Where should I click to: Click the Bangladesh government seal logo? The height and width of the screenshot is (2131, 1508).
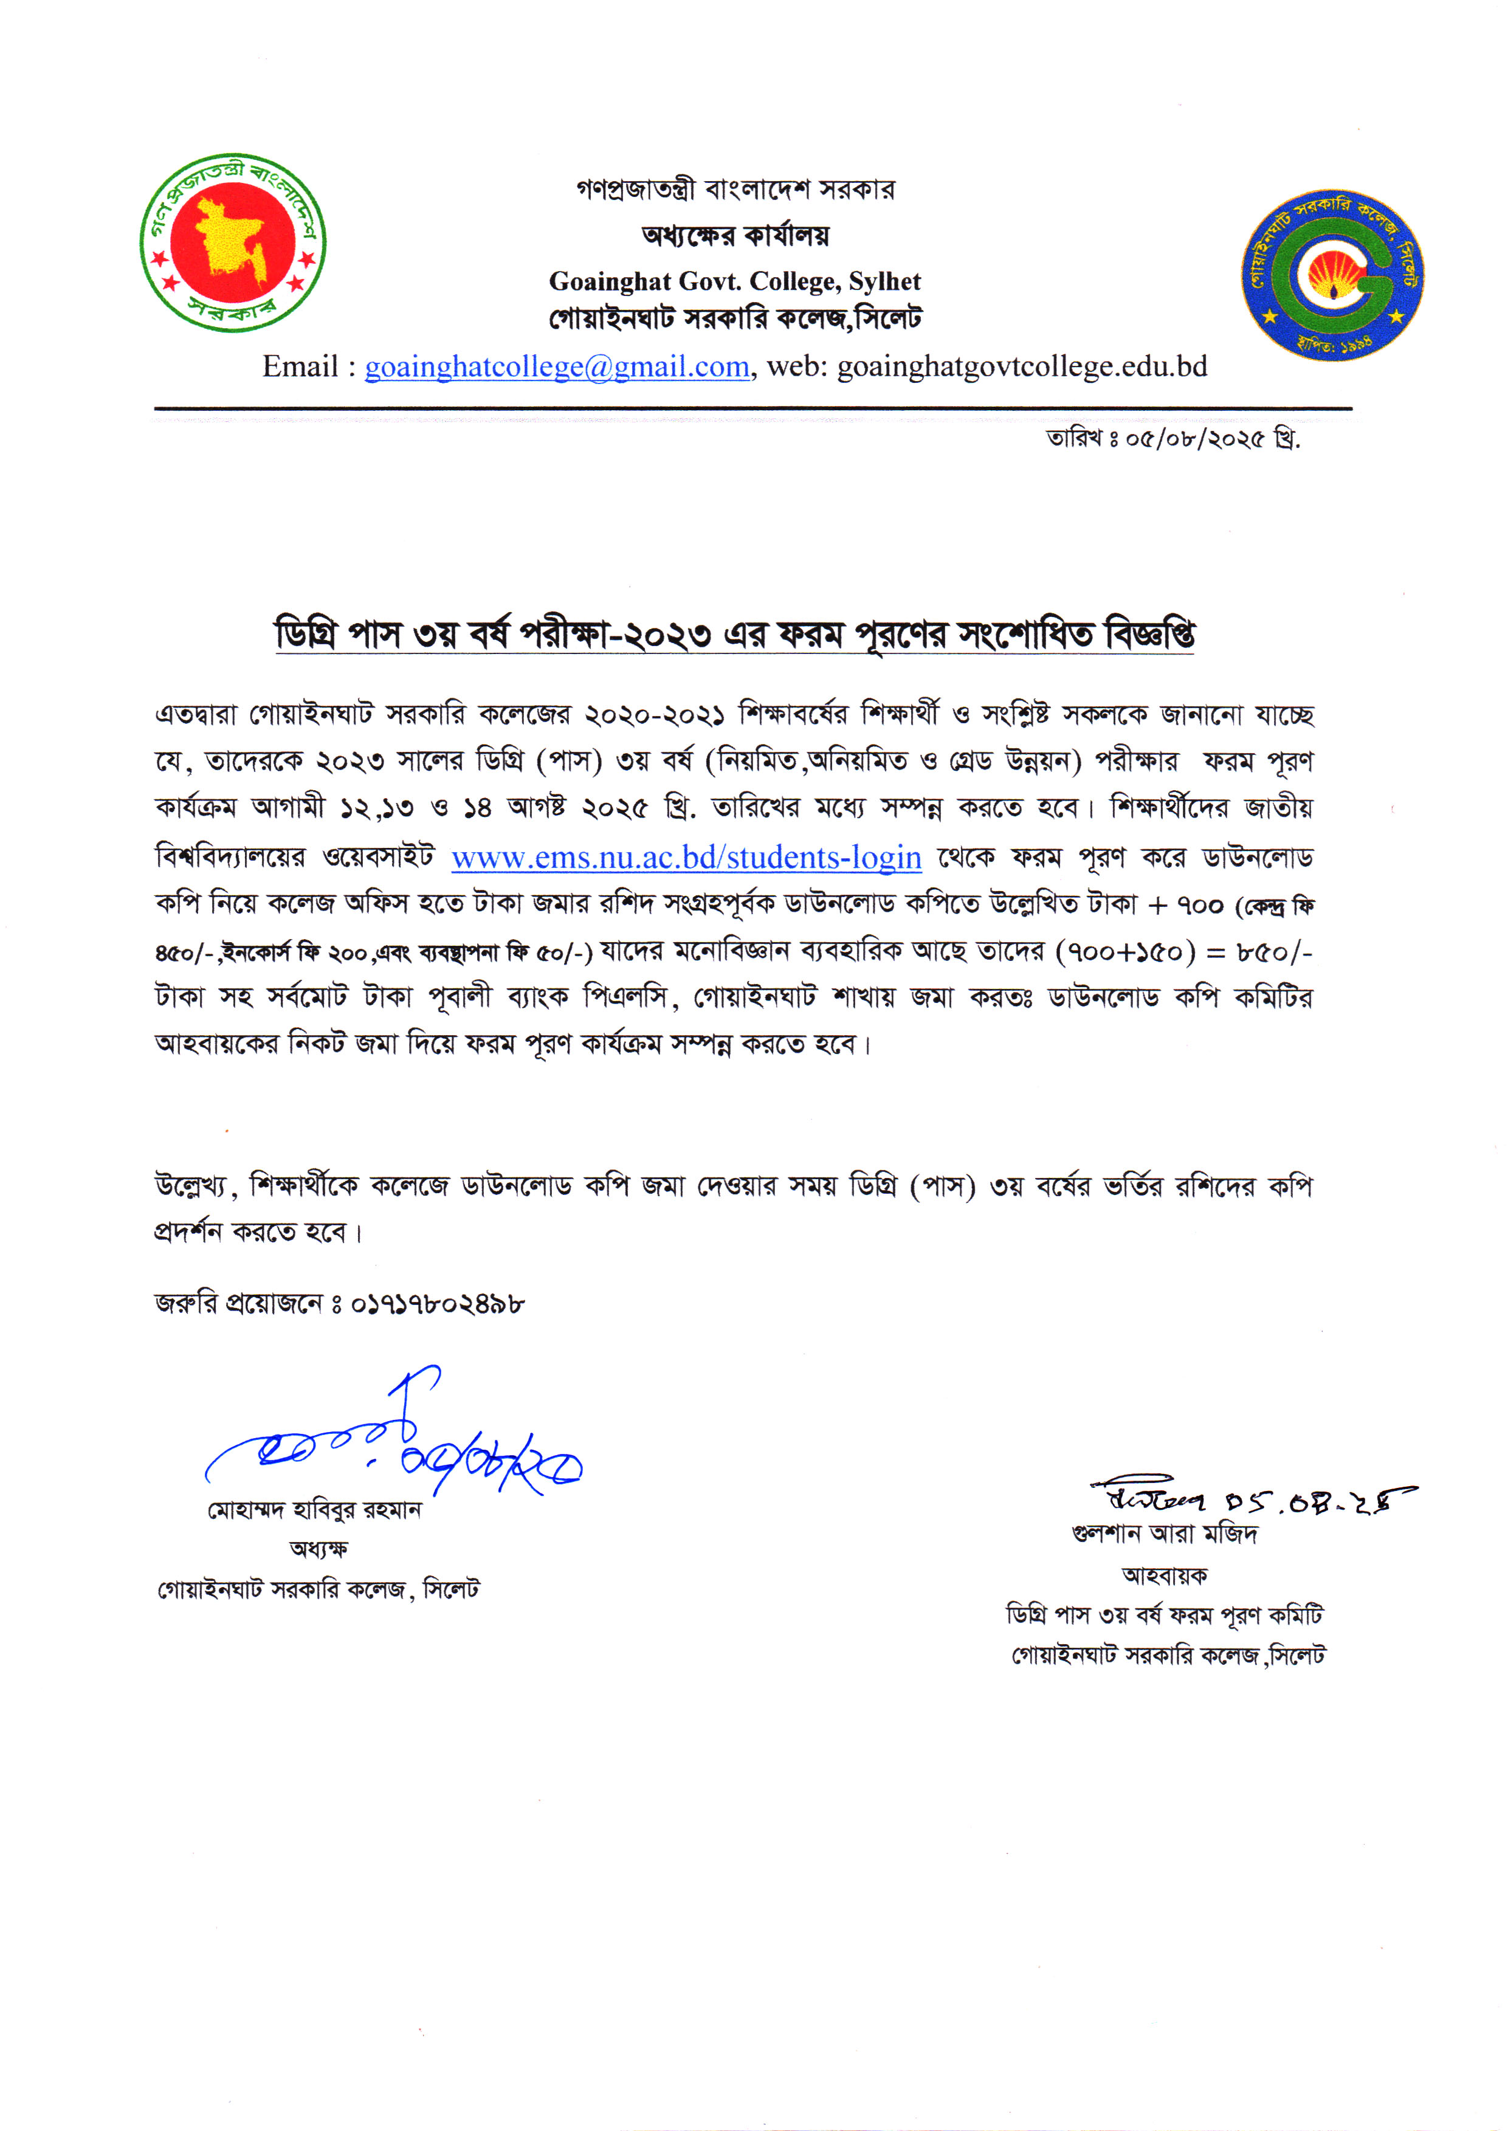tap(233, 243)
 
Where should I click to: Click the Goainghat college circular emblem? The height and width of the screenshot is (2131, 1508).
tap(1334, 276)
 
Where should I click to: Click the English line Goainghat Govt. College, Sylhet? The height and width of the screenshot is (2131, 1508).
tap(734, 281)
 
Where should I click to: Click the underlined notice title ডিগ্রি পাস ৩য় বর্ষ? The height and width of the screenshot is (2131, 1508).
tap(734, 635)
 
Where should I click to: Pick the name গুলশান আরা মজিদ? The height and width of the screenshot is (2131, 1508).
tap(1165, 1533)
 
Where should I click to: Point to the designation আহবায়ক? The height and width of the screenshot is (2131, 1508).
tap(1165, 1575)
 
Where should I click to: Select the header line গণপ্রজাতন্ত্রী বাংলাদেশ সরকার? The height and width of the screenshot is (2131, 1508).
tap(734, 190)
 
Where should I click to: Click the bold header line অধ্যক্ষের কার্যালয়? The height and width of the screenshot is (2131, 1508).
tap(734, 235)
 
